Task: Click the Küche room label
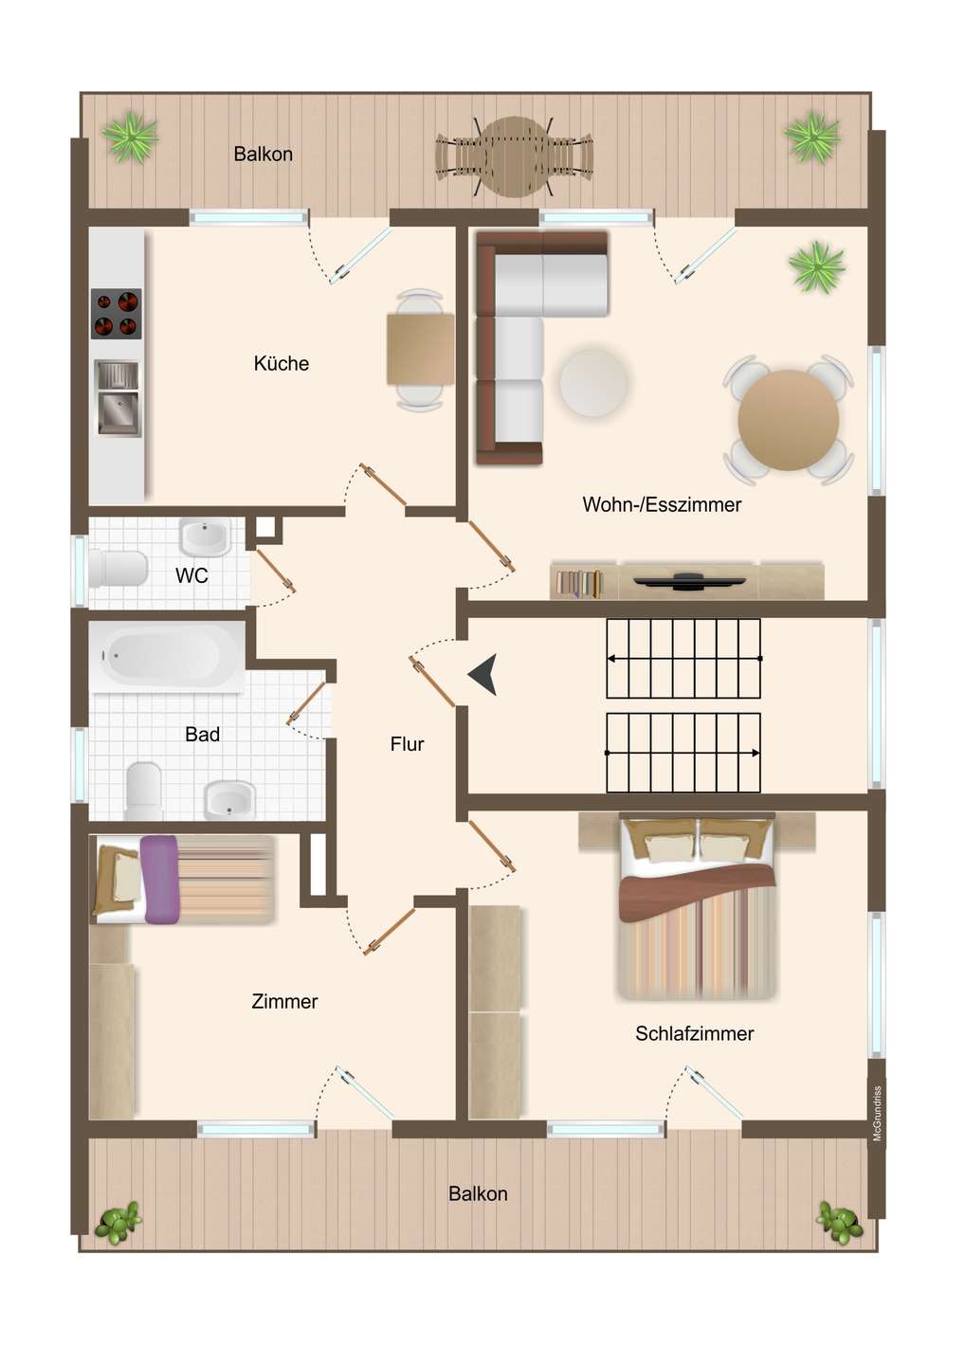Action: [281, 364]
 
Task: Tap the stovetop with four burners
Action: [117, 314]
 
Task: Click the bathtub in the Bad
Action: [167, 657]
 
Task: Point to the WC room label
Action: [191, 576]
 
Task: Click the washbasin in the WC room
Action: [206, 537]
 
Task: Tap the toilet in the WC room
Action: [118, 569]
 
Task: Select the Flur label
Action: [407, 744]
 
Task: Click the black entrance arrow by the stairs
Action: [483, 675]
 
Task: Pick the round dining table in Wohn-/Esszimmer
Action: [789, 420]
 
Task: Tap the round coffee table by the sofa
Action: [593, 383]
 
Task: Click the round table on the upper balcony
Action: [516, 156]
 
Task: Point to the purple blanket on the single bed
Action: [161, 880]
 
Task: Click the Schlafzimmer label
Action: [695, 1033]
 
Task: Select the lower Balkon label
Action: [479, 1193]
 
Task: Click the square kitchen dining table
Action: [420, 350]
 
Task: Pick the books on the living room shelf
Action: [579, 583]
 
